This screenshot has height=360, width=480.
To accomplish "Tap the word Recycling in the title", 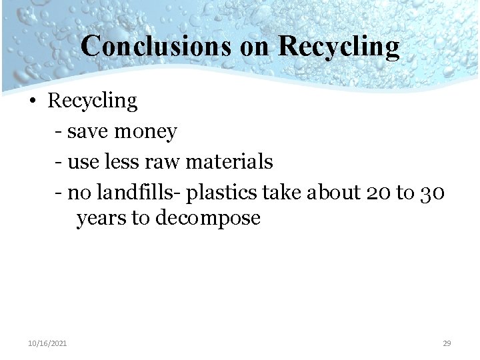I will click(x=339, y=47).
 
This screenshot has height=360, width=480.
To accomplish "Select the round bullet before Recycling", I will click(x=32, y=102).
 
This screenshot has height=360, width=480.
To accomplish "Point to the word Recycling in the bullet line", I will click(x=92, y=101).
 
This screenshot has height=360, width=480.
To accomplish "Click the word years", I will click(x=101, y=219).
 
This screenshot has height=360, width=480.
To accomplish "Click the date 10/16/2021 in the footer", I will click(x=47, y=343).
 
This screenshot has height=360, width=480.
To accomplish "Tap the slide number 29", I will click(x=447, y=343).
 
